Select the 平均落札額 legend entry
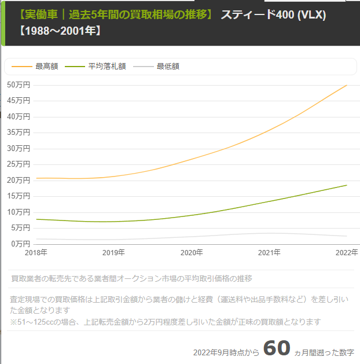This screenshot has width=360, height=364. pos(100,67)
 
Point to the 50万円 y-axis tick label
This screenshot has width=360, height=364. pos(19,84)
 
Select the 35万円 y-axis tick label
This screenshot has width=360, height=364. pos(19,133)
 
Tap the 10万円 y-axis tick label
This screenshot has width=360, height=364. pos(19,212)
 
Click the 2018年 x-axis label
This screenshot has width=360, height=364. pos(36,253)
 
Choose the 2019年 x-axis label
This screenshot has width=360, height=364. pos(114,253)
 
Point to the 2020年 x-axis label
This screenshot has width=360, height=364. pos(192,253)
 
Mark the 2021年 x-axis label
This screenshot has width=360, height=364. pos(269,253)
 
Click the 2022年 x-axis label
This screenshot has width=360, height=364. pos(347,253)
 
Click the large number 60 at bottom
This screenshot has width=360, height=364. pos(277,348)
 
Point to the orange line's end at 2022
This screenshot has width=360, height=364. pos(347,85)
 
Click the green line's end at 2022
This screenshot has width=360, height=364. pos(347,185)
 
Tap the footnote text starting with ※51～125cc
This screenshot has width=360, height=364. pos(165,322)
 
